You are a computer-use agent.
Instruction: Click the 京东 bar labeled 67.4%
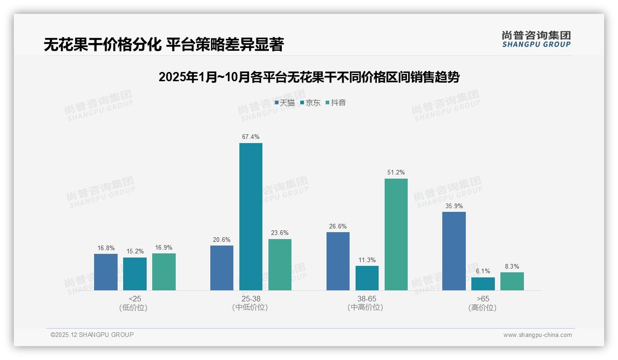tap(250, 216)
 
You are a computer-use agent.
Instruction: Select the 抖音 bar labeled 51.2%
tap(396, 234)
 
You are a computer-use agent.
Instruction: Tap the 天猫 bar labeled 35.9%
tap(454, 251)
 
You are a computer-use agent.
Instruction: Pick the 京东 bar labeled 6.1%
tap(483, 284)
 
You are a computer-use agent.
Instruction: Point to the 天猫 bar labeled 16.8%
tap(106, 272)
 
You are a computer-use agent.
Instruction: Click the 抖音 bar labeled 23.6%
tap(280, 264)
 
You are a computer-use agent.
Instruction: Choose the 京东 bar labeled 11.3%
tap(367, 278)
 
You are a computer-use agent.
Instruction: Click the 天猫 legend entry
tap(285, 103)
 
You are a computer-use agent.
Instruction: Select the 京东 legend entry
tap(310, 103)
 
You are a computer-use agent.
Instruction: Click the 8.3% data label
tap(512, 267)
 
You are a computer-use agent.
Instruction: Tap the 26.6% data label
tap(338, 227)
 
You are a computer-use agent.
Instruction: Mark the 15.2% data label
tap(135, 252)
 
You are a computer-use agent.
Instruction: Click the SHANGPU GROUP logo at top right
tap(536, 39)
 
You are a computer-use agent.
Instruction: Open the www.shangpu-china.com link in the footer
tap(537, 335)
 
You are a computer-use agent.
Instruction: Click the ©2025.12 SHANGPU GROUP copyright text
tap(92, 335)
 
